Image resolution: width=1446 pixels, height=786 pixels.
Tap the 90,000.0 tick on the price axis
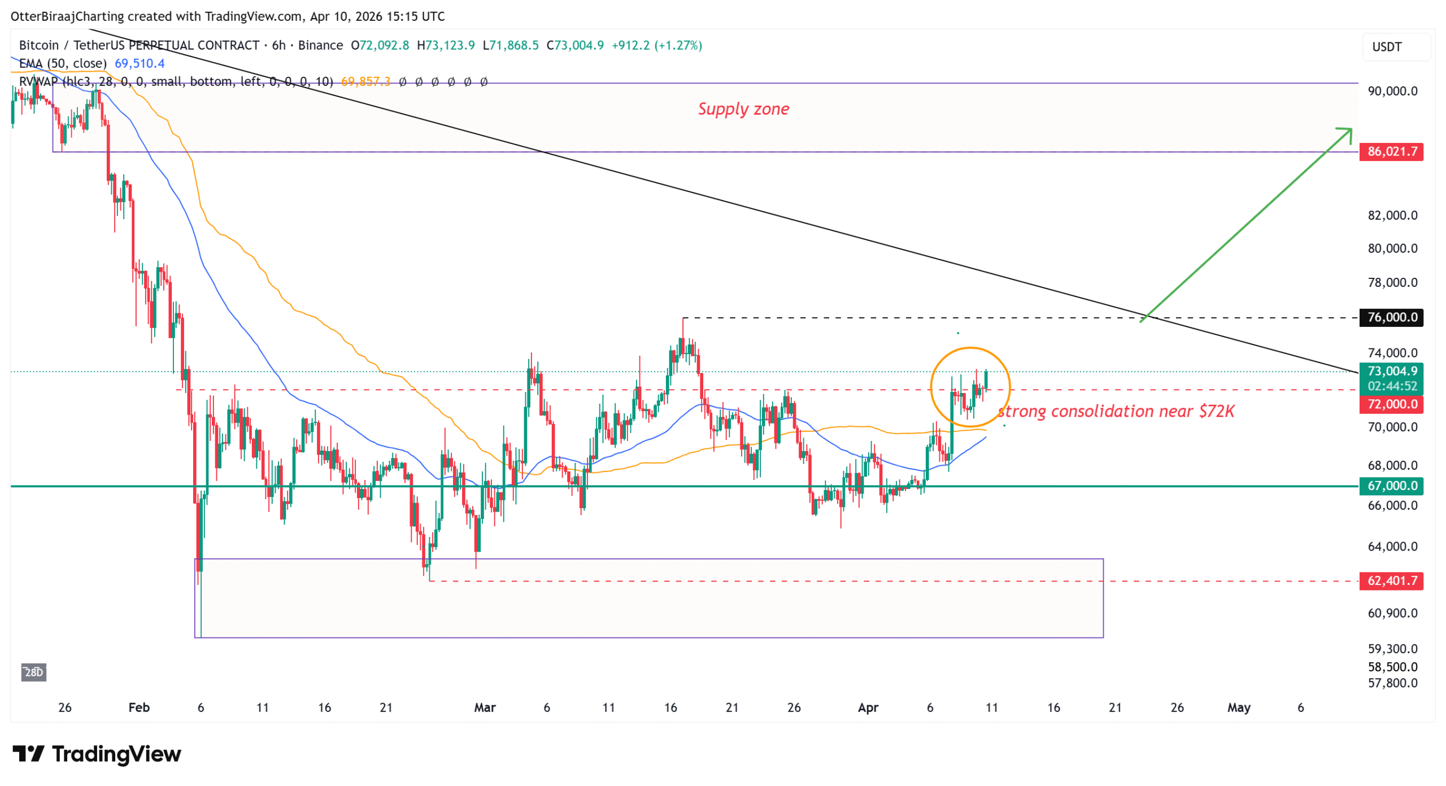pos(1392,91)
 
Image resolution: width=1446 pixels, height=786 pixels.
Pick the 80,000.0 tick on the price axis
pos(1392,248)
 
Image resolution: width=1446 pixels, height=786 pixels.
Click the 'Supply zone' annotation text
pos(743,109)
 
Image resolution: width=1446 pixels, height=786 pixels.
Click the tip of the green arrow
pos(1351,129)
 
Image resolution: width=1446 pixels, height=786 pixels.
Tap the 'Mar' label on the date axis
pos(485,708)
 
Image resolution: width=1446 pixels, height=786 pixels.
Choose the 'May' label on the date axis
pos(1239,708)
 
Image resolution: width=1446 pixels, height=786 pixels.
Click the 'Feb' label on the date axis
pos(139,708)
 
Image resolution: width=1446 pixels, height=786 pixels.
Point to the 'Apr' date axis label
pos(868,708)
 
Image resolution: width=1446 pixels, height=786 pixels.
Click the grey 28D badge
pos(34,672)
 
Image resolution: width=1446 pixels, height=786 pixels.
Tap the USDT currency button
pos(1387,47)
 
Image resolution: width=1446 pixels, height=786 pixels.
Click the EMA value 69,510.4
pos(140,63)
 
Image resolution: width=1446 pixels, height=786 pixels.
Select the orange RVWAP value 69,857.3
pos(365,82)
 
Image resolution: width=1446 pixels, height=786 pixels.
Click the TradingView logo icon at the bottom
pos(28,754)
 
